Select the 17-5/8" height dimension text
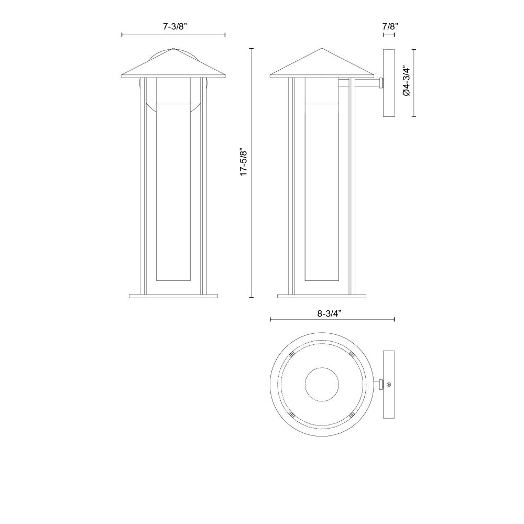tap(244, 163)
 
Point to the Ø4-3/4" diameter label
tap(407, 81)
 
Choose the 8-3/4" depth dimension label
tap(329, 313)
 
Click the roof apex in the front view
tap(173, 48)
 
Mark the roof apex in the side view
tap(322, 48)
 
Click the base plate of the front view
tap(173, 296)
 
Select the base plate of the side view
tap(322, 296)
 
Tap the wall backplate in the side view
tap(389, 83)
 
